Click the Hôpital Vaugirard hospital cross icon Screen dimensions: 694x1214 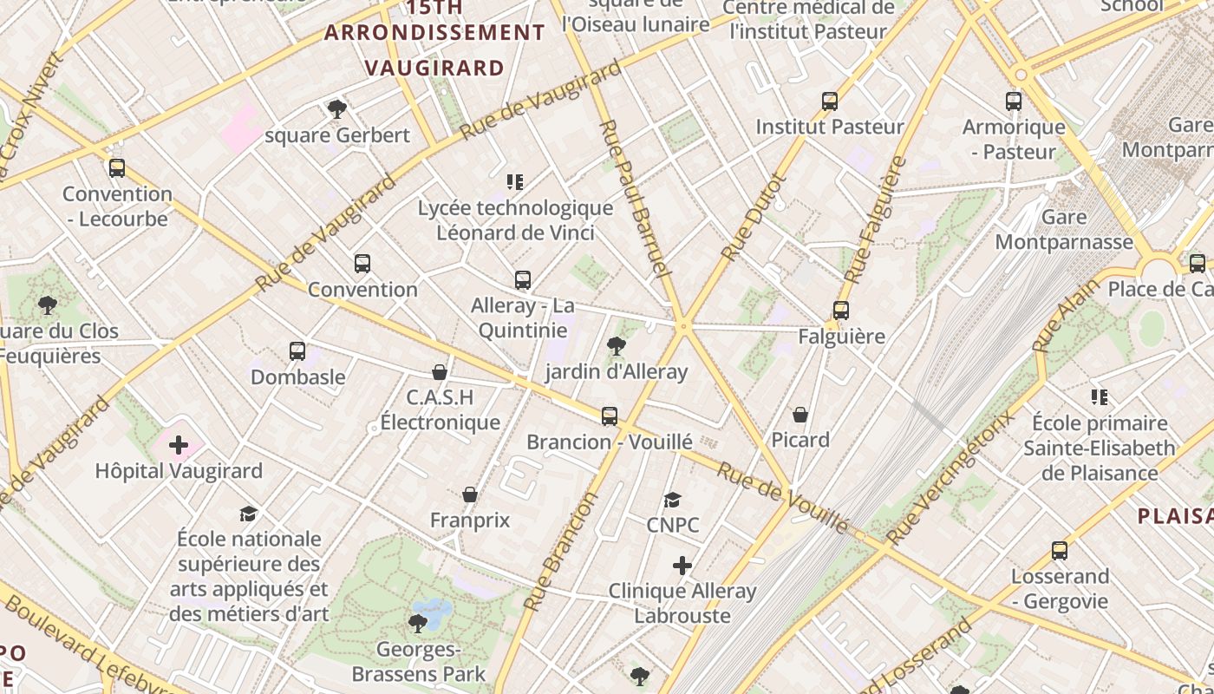pyautogui.click(x=179, y=446)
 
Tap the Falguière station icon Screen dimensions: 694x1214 pyautogui.click(x=840, y=310)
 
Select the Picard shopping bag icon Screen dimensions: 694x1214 pyautogui.click(x=800, y=415)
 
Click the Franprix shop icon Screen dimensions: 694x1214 pyautogui.click(x=470, y=494)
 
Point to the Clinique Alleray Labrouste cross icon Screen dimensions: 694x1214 pyautogui.click(x=682, y=566)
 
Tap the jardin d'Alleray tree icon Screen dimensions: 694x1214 pyautogui.click(x=617, y=346)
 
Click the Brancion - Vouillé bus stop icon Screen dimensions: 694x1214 pyautogui.click(x=610, y=416)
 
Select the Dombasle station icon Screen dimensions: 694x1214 pyautogui.click(x=297, y=351)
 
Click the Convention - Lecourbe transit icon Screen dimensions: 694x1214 pyautogui.click(x=117, y=168)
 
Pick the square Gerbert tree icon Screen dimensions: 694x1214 pyautogui.click(x=337, y=109)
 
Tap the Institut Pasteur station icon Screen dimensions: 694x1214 pyautogui.click(x=830, y=101)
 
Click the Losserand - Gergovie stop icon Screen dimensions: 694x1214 pyautogui.click(x=1059, y=551)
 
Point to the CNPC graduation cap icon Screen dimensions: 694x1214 pyautogui.click(x=672, y=500)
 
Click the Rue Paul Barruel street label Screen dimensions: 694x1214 pyautogui.click(x=636, y=200)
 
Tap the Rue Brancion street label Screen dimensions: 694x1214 pyautogui.click(x=562, y=552)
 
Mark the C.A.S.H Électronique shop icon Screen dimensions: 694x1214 pyautogui.click(x=440, y=372)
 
